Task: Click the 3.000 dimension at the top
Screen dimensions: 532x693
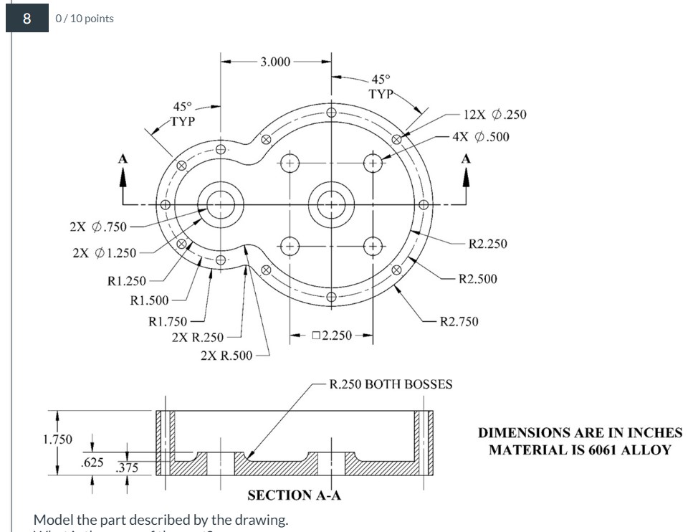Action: click(x=275, y=62)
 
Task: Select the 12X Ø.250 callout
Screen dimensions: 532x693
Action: click(x=494, y=115)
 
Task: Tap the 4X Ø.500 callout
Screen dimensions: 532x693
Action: click(x=481, y=136)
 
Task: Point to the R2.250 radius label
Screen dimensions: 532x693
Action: click(x=487, y=244)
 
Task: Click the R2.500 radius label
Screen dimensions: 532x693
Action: click(x=477, y=278)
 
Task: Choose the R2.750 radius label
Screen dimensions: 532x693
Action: click(x=459, y=322)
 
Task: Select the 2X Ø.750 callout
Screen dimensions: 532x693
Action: click(x=97, y=227)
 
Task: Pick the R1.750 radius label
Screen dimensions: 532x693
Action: click(x=167, y=322)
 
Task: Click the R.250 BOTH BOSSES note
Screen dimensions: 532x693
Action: click(x=391, y=384)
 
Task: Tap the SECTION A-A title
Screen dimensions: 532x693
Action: click(x=288, y=495)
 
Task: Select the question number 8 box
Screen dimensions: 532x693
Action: click(x=27, y=19)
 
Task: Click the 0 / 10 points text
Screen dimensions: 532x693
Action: click(x=85, y=19)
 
